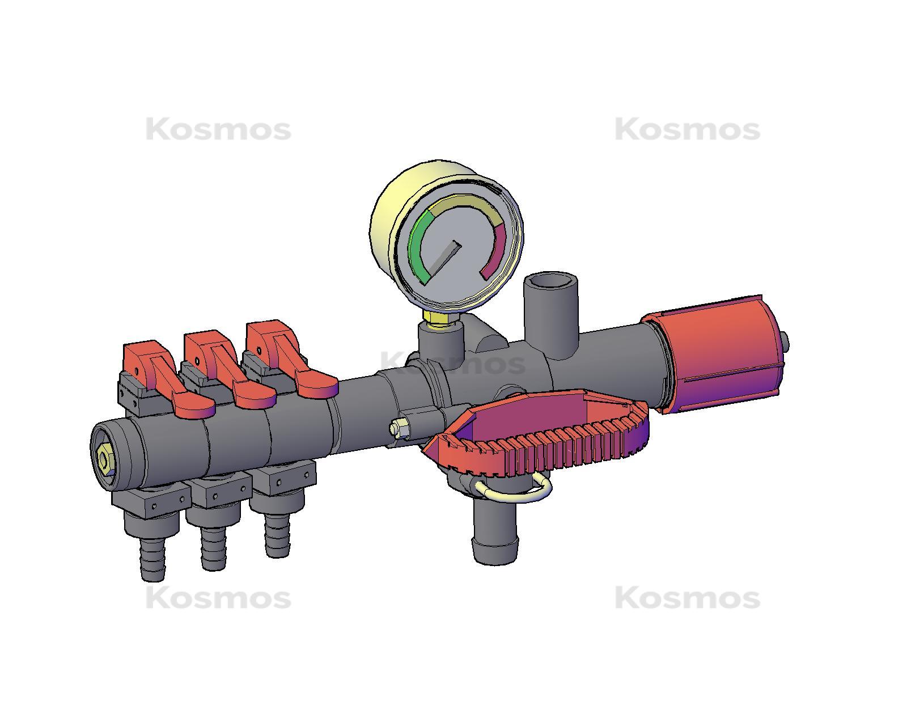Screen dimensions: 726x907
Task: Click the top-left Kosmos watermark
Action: point(218,130)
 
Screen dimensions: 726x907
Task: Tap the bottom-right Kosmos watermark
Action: point(687,598)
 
